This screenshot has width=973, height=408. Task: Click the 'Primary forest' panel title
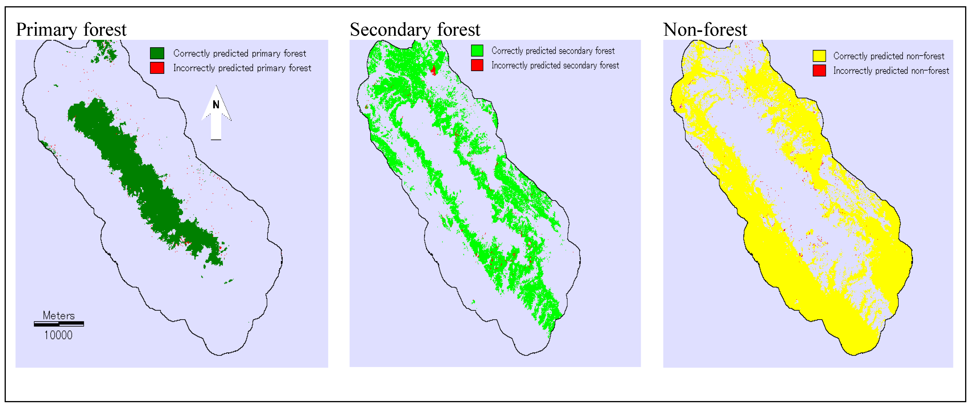pyautogui.click(x=71, y=29)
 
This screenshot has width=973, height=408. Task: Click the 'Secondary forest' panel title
pyautogui.click(x=415, y=29)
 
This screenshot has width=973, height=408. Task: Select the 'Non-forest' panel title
pyautogui.click(x=705, y=29)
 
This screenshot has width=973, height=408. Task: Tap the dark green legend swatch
pyautogui.click(x=157, y=53)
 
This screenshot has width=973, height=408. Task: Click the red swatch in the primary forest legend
pyautogui.click(x=157, y=68)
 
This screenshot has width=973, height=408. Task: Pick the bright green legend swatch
pyautogui.click(x=477, y=51)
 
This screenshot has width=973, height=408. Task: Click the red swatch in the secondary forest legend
pyautogui.click(x=477, y=65)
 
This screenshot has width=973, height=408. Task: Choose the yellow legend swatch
pyautogui.click(x=819, y=56)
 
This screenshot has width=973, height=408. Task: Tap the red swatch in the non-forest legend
pyautogui.click(x=819, y=71)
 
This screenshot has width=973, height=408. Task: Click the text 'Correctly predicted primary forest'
pyautogui.click(x=240, y=53)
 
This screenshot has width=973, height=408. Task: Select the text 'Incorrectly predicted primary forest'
pyautogui.click(x=242, y=68)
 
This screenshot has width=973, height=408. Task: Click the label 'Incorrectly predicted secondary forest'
pyautogui.click(x=555, y=65)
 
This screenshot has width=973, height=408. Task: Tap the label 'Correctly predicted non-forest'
pyautogui.click(x=888, y=56)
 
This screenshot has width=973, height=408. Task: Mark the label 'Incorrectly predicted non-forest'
pyautogui.click(x=891, y=71)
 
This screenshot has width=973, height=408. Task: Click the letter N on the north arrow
pyautogui.click(x=216, y=105)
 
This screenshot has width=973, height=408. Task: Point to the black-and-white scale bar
pyautogui.click(x=59, y=324)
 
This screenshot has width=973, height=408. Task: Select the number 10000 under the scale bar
pyautogui.click(x=58, y=335)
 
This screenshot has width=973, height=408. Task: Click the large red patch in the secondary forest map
pyautogui.click(x=434, y=70)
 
